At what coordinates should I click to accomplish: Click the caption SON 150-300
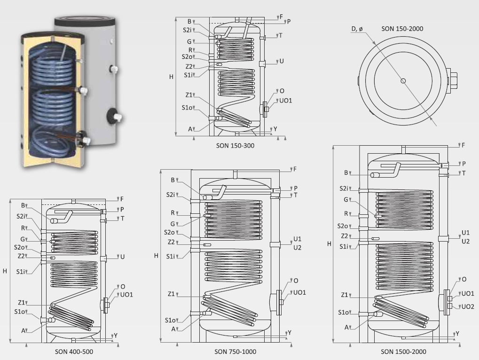tap(235, 146)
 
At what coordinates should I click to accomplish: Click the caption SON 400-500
tap(74, 352)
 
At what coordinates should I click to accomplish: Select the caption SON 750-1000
tap(235, 352)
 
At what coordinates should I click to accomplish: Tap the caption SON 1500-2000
tap(403, 352)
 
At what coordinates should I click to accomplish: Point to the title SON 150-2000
tap(402, 29)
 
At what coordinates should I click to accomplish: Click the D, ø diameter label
tap(357, 29)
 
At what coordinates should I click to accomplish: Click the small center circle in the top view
tap(403, 81)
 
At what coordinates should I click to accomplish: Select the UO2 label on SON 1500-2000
tap(468, 306)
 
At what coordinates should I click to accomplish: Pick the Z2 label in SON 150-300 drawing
tap(189, 66)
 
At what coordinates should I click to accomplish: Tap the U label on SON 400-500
tap(123, 257)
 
